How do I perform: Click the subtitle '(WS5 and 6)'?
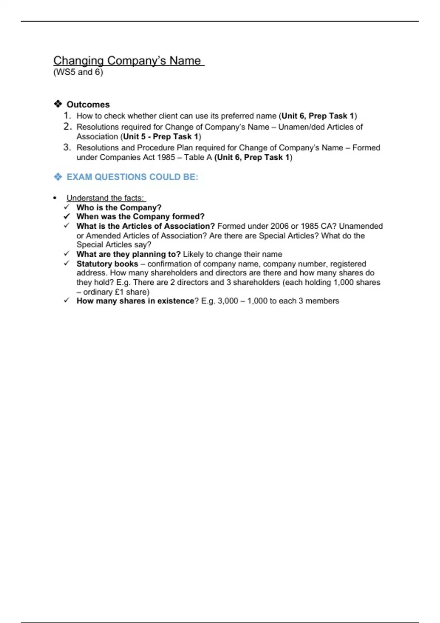(78, 72)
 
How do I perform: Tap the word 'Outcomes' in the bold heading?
(88, 104)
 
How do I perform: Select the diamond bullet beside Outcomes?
(58, 104)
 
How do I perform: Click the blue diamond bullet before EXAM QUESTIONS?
(58, 177)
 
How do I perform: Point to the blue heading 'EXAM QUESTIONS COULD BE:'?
(132, 177)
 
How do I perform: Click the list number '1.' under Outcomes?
(67, 116)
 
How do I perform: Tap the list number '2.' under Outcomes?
(67, 127)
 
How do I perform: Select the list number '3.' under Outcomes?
(67, 147)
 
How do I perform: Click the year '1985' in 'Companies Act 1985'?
(166, 158)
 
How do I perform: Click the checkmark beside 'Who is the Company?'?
(67, 207)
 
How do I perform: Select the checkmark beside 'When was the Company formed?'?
(67, 216)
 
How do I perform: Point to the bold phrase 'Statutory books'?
(107, 264)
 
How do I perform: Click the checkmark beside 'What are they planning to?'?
(67, 254)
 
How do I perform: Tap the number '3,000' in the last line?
(228, 301)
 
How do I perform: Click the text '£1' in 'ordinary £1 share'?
(119, 292)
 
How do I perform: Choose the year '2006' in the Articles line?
(279, 226)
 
